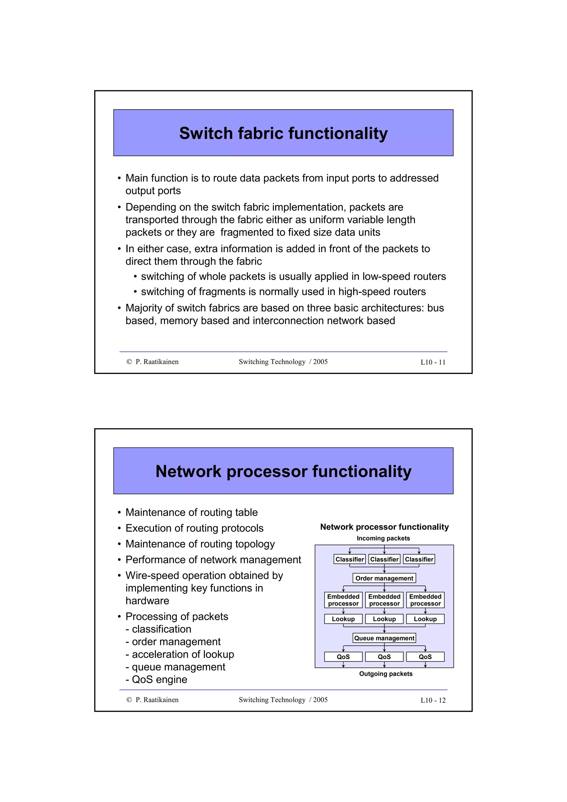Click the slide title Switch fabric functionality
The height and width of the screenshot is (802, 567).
pos(283,133)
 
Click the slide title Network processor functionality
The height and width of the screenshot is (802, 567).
pos(283,471)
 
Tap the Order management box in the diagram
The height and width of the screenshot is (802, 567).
pos(384,578)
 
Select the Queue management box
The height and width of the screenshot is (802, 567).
pos(384,638)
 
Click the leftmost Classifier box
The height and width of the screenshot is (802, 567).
pos(349,559)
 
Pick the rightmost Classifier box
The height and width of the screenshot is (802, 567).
pos(419,559)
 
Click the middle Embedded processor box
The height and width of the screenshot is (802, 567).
pos(384,600)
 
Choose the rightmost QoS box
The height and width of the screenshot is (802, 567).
pos(425,657)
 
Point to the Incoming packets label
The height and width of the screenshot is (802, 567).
pos(383,538)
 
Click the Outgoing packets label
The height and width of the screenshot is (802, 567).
pos(386,674)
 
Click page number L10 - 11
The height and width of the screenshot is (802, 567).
pos(433,362)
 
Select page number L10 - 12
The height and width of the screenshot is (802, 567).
pos(433,700)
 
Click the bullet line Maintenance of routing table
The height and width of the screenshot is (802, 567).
pos(191,513)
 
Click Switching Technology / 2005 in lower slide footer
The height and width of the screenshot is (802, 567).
pos(283,700)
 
